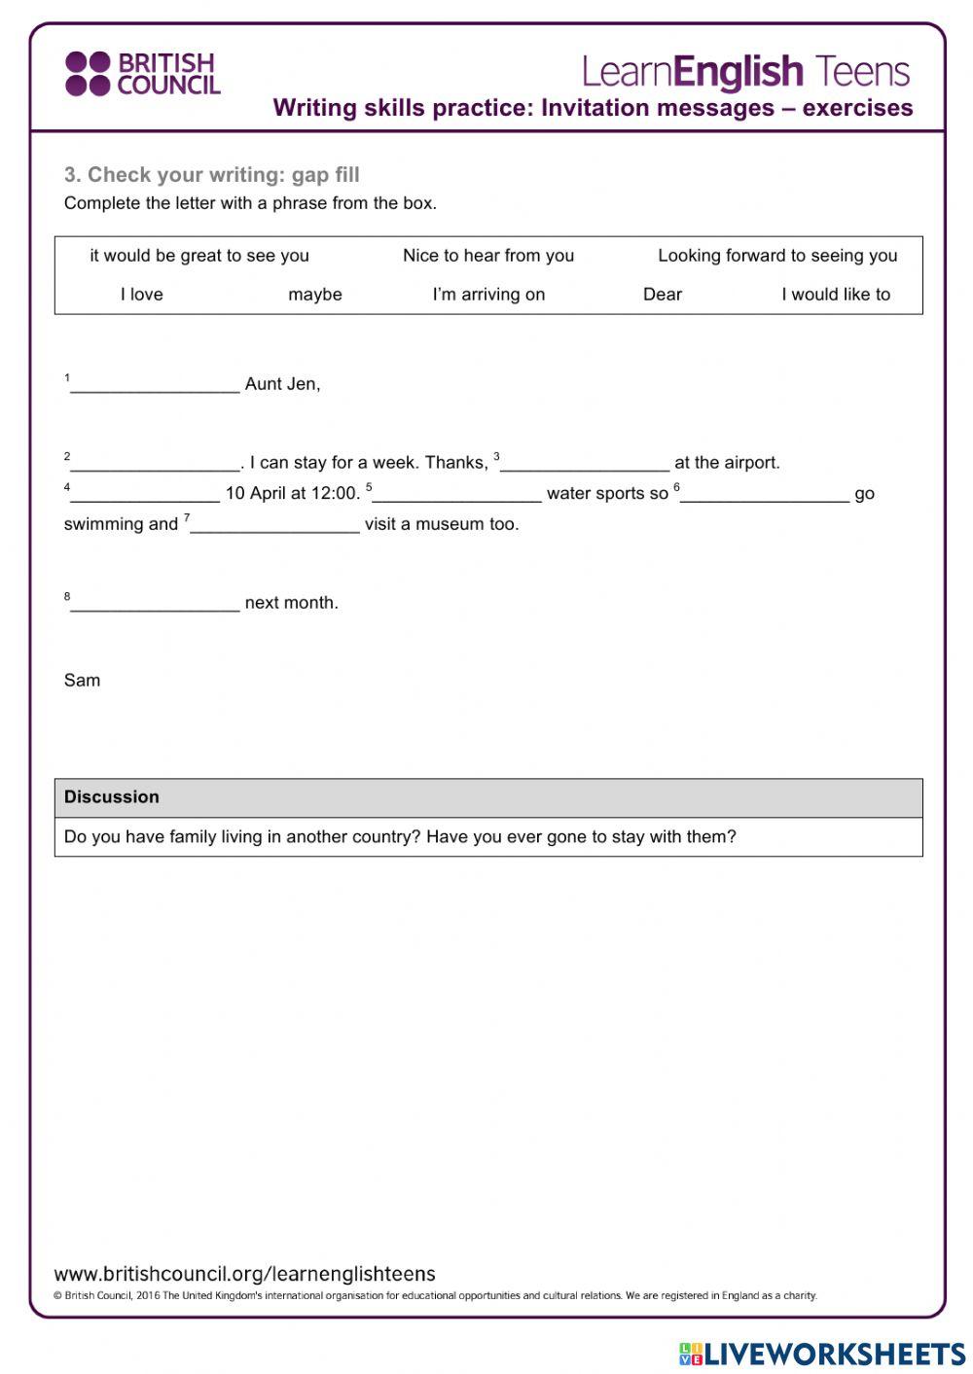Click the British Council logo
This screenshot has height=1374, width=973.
point(142,74)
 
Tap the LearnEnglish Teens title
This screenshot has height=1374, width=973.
point(745,72)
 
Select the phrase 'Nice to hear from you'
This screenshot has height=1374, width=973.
point(488,256)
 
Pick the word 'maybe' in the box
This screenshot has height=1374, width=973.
point(315,295)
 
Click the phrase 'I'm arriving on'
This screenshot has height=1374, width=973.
point(488,295)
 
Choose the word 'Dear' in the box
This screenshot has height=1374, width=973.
point(663,295)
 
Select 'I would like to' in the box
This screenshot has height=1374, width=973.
point(836,295)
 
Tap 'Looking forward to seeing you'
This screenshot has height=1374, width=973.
point(777,256)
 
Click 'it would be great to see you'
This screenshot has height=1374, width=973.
point(199,256)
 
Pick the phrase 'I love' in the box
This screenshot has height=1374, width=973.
point(142,295)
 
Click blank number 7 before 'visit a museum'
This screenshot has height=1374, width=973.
point(274,525)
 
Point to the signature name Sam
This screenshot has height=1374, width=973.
point(82,681)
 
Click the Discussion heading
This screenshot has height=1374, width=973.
point(112,797)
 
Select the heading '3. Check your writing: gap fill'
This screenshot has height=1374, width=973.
point(212,175)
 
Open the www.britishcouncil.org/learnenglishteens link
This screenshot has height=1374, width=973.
point(245,1274)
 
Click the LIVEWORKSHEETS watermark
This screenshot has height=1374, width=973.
point(822,1354)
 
